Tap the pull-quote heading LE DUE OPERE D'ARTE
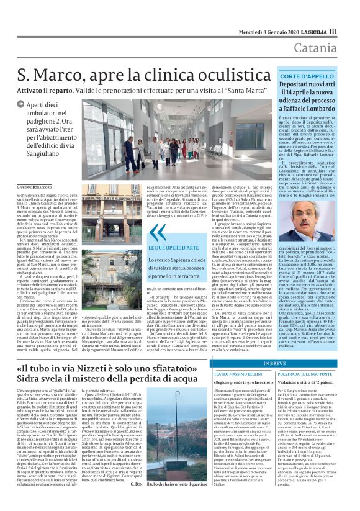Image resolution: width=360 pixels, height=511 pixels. [x=177, y=246]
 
